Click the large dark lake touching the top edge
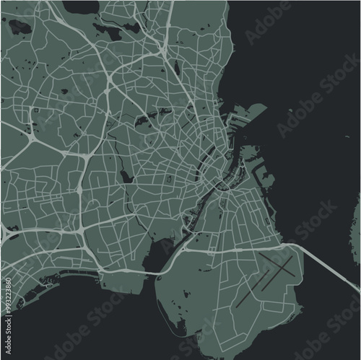point(79,6)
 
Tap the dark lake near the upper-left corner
point(19,27)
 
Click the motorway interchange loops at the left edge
point(9,232)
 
